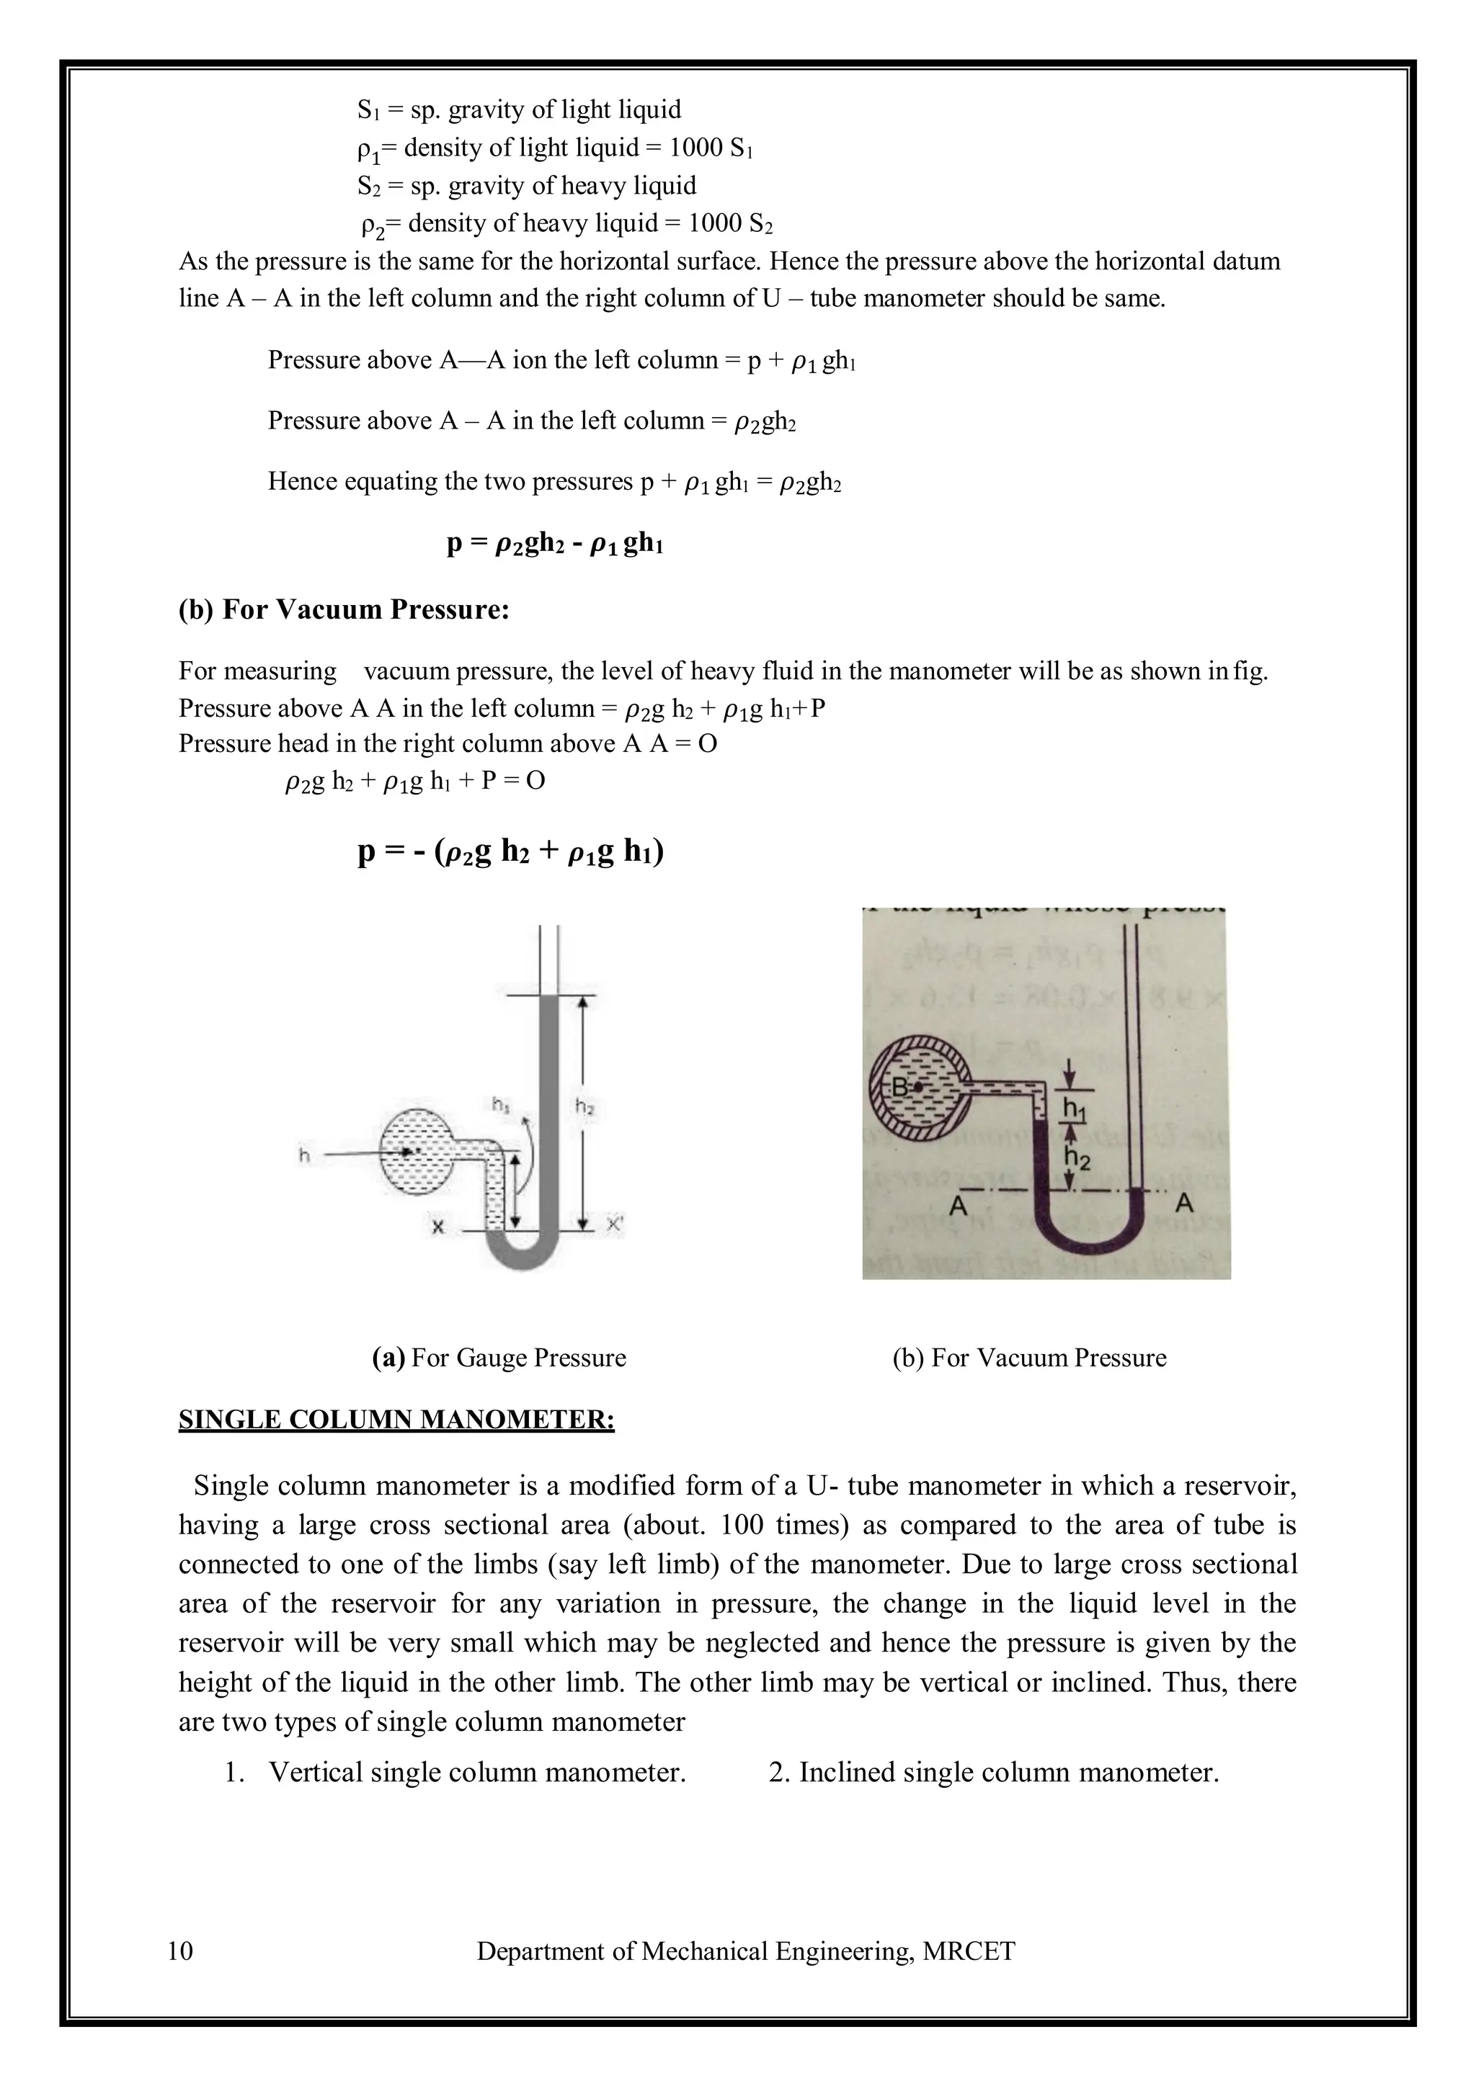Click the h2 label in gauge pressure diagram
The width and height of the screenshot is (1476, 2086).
(x=584, y=1106)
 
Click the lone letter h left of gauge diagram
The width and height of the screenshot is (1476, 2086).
(x=303, y=1155)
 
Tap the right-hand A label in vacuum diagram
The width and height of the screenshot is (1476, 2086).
(x=1184, y=1206)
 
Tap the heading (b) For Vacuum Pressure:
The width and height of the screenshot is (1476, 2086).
(x=344, y=609)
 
